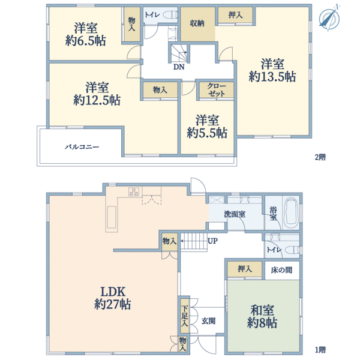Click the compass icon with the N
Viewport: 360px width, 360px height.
coord(329,18)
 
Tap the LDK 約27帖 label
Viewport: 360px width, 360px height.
coord(113,298)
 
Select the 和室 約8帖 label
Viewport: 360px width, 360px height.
coord(262,316)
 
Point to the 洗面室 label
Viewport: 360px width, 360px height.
coord(235,214)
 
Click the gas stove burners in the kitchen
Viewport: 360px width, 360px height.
coord(134,191)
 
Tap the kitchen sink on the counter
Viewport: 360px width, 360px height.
coord(112,217)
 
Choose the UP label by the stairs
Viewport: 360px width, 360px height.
coord(212,241)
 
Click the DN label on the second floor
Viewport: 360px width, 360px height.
coord(179,67)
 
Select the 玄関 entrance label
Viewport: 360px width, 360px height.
coord(208,321)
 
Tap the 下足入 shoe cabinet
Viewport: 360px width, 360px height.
coord(184,316)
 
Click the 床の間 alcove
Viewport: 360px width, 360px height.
coord(282,270)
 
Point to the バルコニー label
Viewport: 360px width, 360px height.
coord(82,147)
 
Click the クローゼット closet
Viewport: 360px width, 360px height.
coord(216,90)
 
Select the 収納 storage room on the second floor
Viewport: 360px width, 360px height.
coord(197,24)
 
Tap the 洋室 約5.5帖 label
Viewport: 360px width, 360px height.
coord(207,127)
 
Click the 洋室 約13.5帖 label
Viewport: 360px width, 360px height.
coord(272,70)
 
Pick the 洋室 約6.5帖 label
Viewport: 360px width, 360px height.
coord(85,34)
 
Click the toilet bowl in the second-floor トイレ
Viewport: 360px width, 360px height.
coord(170,15)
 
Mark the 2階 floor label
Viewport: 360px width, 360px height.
coord(320,157)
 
